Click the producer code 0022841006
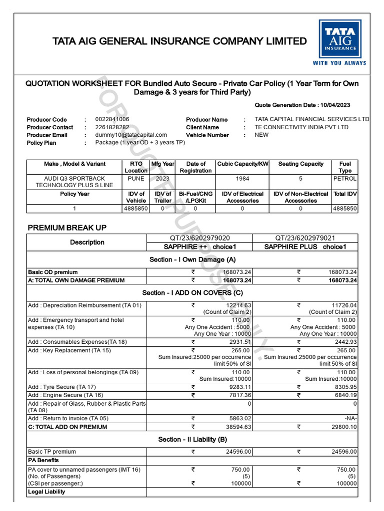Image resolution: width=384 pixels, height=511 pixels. point(112,119)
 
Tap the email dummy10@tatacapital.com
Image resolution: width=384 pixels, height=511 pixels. point(131,135)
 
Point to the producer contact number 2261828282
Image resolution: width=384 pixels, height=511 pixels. point(112,127)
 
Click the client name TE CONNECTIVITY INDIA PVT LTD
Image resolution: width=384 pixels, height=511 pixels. point(301,127)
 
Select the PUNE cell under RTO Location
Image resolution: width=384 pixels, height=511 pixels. point(136,178)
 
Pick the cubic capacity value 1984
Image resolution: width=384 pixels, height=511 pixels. point(242,178)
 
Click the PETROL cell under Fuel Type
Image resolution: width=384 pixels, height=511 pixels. point(345,178)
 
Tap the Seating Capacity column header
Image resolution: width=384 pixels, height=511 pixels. point(300,164)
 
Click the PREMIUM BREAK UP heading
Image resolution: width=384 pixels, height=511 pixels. point(67,228)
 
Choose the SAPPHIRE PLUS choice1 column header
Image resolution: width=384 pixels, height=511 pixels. point(305,247)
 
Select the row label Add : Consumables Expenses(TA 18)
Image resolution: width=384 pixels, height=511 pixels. point(77,342)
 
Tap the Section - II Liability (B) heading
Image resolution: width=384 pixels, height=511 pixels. point(192,439)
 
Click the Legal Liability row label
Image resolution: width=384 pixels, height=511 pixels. point(46,492)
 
